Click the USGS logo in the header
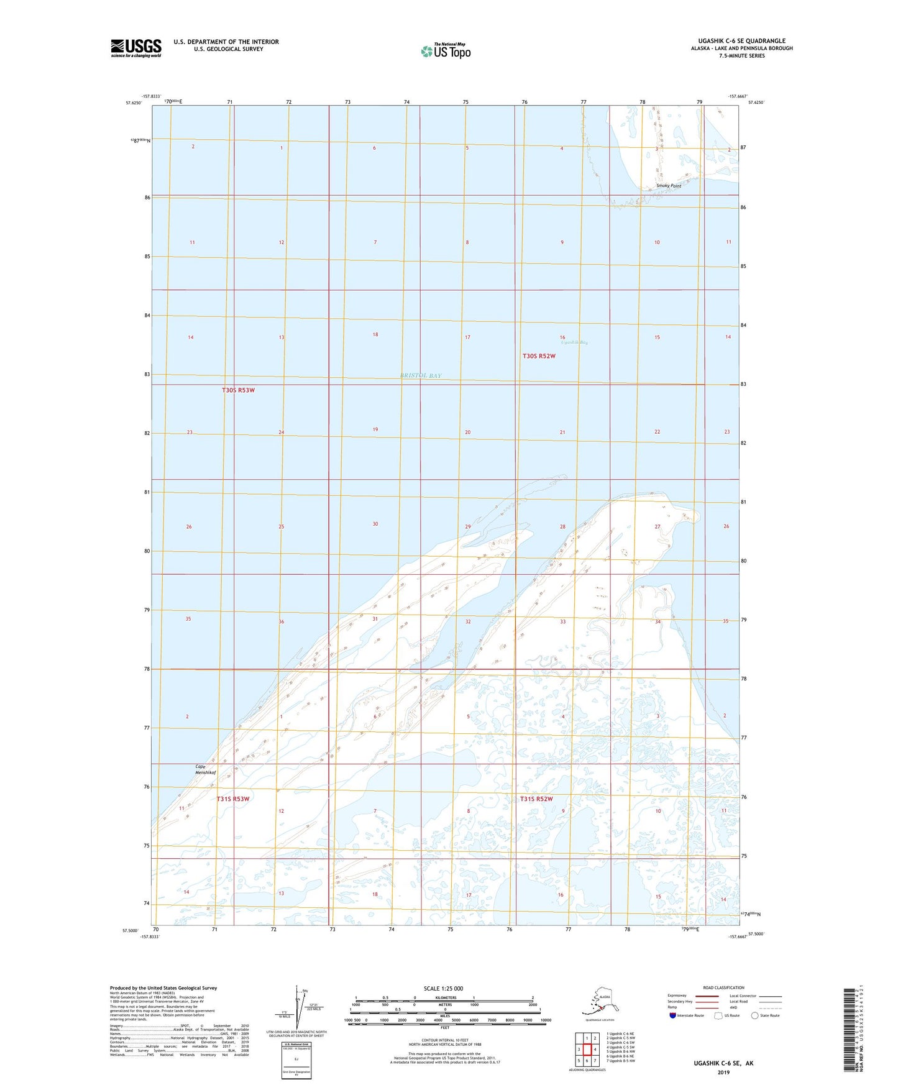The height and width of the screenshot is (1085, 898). click(x=136, y=48)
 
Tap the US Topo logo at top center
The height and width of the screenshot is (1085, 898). click(x=446, y=51)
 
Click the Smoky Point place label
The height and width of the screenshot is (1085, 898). click(x=669, y=186)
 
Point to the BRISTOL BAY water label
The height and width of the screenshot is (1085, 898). click(x=421, y=375)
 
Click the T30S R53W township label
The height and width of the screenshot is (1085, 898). click(x=238, y=390)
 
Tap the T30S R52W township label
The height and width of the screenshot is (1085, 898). click(x=538, y=356)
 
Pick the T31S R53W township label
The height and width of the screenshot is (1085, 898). click(x=233, y=799)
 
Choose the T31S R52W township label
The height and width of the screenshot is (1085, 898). click(x=536, y=799)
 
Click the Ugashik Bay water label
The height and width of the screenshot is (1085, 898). click(x=574, y=342)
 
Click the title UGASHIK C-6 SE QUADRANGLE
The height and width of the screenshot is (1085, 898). click(x=741, y=41)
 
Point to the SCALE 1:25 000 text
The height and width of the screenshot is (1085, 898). click(x=443, y=989)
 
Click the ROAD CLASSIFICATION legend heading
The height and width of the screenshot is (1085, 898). click(x=723, y=987)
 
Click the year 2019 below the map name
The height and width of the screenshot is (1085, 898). click(x=723, y=1072)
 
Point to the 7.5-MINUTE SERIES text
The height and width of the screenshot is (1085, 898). click(x=741, y=56)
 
